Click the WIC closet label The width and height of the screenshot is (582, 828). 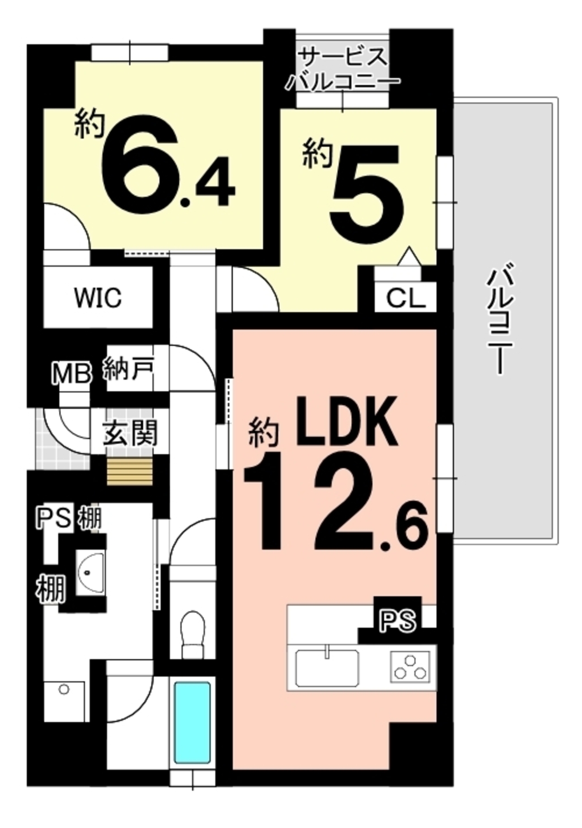coord(98,297)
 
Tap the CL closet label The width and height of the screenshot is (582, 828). coord(406,298)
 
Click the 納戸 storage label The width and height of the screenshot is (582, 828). coord(129,369)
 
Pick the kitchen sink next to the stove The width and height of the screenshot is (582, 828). coord(327,667)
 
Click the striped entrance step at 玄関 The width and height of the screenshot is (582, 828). coord(130,471)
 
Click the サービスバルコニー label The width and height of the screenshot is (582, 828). coord(343,69)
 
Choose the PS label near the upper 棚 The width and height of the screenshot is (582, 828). coord(54,518)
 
